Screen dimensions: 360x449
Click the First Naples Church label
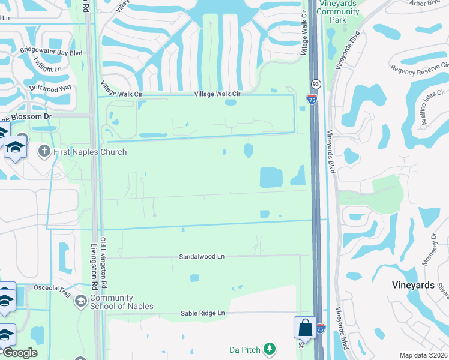90,152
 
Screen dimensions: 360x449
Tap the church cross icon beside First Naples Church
44,151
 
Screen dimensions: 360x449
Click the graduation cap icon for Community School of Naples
81,301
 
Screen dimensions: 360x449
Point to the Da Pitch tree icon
270,349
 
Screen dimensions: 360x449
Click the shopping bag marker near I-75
304,328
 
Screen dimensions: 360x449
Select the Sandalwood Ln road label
201,256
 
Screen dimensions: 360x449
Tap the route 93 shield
316,84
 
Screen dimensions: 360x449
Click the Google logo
19,353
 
